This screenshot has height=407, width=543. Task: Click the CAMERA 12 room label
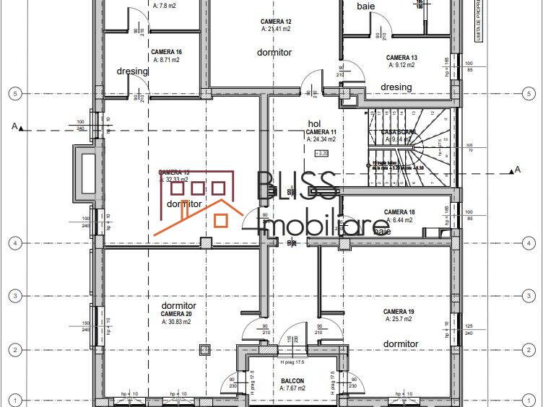pyautogui.click(x=277, y=22)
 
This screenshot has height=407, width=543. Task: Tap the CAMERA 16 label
pyautogui.click(x=166, y=52)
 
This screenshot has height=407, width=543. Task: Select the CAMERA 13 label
pyautogui.click(x=401, y=57)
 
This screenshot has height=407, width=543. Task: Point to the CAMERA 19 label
pyautogui.click(x=399, y=311)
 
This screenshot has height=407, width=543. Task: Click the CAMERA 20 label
pyautogui.click(x=176, y=314)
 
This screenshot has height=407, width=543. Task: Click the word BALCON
pyautogui.click(x=292, y=380)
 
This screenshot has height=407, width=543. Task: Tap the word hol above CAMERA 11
pyautogui.click(x=313, y=124)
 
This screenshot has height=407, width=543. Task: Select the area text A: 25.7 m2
pyautogui.click(x=399, y=318)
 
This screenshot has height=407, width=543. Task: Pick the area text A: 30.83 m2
pyautogui.click(x=176, y=322)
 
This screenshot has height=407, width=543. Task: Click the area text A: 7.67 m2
pyautogui.click(x=292, y=388)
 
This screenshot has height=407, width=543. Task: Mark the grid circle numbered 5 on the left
pyautogui.click(x=14, y=93)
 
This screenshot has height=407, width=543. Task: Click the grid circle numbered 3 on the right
pyautogui.click(x=528, y=295)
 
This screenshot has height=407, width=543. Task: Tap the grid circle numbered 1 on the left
pyautogui.click(x=14, y=398)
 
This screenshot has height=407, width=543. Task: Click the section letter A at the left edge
pyautogui.click(x=14, y=127)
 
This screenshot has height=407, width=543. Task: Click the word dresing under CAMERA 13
pyautogui.click(x=396, y=87)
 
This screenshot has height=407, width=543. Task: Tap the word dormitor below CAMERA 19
pyautogui.click(x=401, y=343)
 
